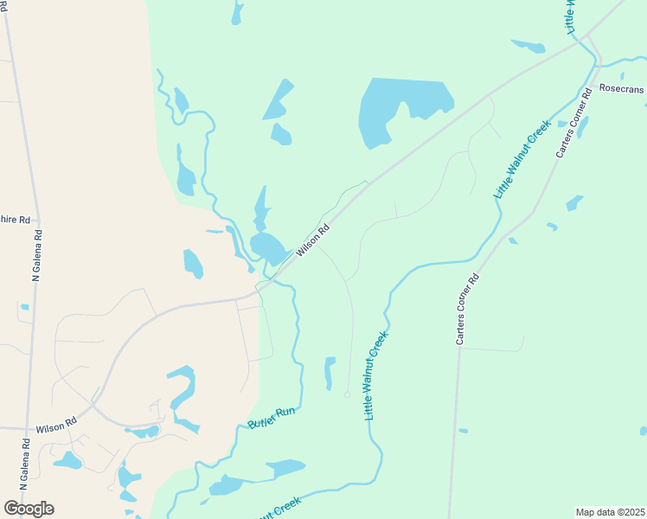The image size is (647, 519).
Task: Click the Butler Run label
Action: (272, 418)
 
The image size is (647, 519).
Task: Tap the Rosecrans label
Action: (622, 89)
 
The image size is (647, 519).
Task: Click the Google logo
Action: (29, 508)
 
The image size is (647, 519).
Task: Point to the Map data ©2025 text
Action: (610, 511)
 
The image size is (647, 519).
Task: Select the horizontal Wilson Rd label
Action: (56, 428)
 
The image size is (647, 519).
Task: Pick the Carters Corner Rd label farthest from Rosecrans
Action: (467, 310)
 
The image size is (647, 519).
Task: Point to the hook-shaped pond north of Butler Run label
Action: (182, 394)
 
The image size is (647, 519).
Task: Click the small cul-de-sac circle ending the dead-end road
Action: (348, 394)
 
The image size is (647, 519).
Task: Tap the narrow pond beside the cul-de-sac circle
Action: (329, 373)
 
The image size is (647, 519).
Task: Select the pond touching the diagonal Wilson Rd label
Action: (270, 247)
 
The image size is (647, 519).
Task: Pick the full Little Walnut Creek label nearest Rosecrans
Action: (522, 160)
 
